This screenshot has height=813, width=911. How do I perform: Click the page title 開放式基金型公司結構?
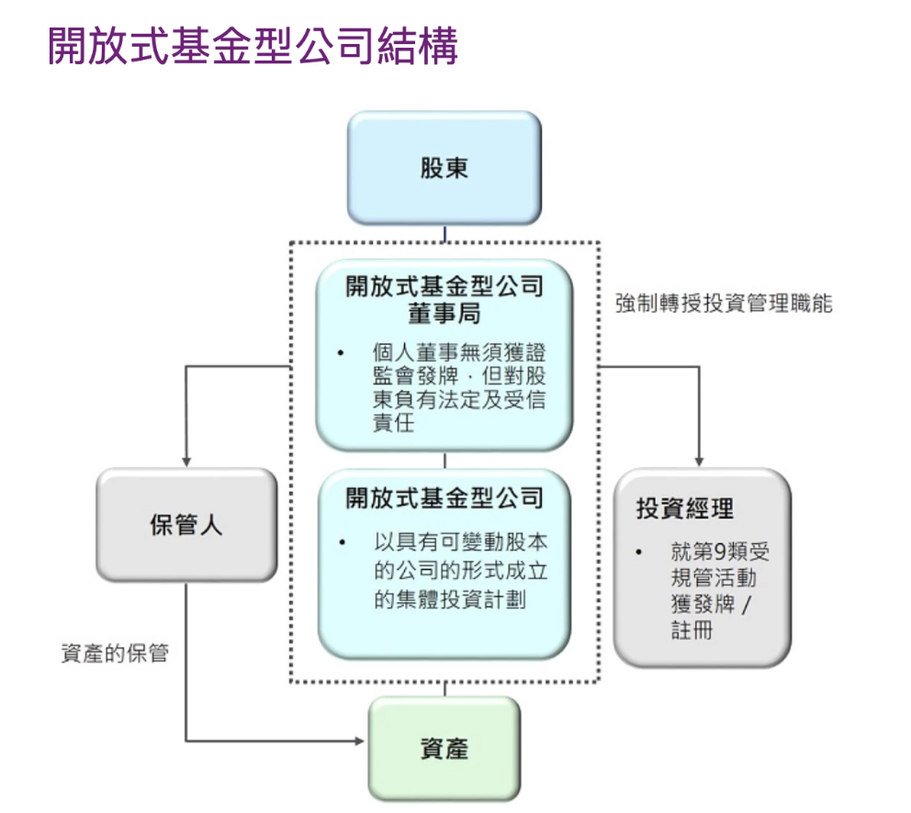point(252,47)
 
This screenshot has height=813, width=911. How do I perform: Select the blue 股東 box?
point(444,168)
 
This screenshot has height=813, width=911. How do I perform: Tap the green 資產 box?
point(444,749)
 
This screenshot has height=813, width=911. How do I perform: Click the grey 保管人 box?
point(186,525)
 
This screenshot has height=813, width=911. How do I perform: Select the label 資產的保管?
point(115,653)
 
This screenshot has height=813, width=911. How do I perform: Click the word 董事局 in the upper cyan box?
point(444,314)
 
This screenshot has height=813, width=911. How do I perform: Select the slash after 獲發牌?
point(744,606)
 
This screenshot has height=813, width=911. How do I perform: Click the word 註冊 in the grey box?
point(692,631)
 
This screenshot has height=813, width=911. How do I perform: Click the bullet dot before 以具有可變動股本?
point(342,544)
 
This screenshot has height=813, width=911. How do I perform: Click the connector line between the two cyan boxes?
point(444,460)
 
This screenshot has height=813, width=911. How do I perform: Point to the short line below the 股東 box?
point(444,233)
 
